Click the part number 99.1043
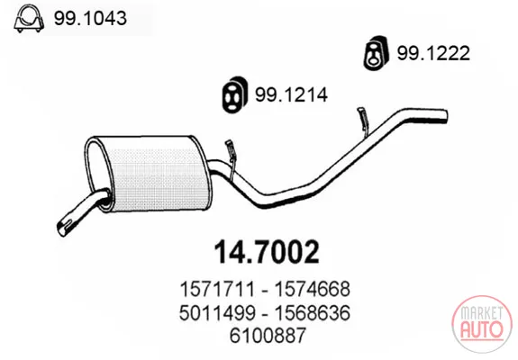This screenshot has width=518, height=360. pyautogui.click(x=90, y=18)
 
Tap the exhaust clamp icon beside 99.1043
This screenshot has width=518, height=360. pyautogui.click(x=29, y=19)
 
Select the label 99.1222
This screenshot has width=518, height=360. pyautogui.click(x=433, y=53)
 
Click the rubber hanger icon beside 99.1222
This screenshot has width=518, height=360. pyautogui.click(x=376, y=52)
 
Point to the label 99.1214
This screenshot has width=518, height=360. pyautogui.click(x=291, y=94)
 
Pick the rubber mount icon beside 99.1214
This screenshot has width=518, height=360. pyautogui.click(x=234, y=94)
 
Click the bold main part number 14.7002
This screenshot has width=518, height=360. pyautogui.click(x=267, y=252)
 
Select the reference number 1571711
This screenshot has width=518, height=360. pyautogui.click(x=217, y=289)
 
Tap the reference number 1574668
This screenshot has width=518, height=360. pyautogui.click(x=313, y=289)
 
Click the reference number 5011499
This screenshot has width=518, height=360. pyautogui.click(x=217, y=312)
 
